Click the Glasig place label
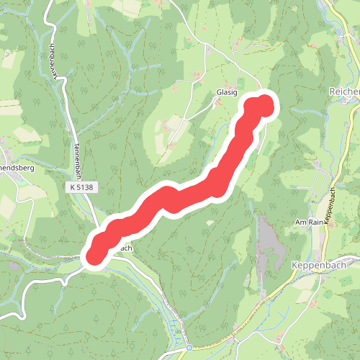(x=226, y=93)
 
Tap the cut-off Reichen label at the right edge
(x=343, y=92)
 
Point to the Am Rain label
(x=309, y=222)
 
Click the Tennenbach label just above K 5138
(x=74, y=155)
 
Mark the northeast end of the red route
(x=263, y=105)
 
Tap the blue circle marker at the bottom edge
(x=189, y=348)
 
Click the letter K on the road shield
(x=74, y=187)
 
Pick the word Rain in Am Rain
(x=315, y=222)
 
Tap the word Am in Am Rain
(x=300, y=222)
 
